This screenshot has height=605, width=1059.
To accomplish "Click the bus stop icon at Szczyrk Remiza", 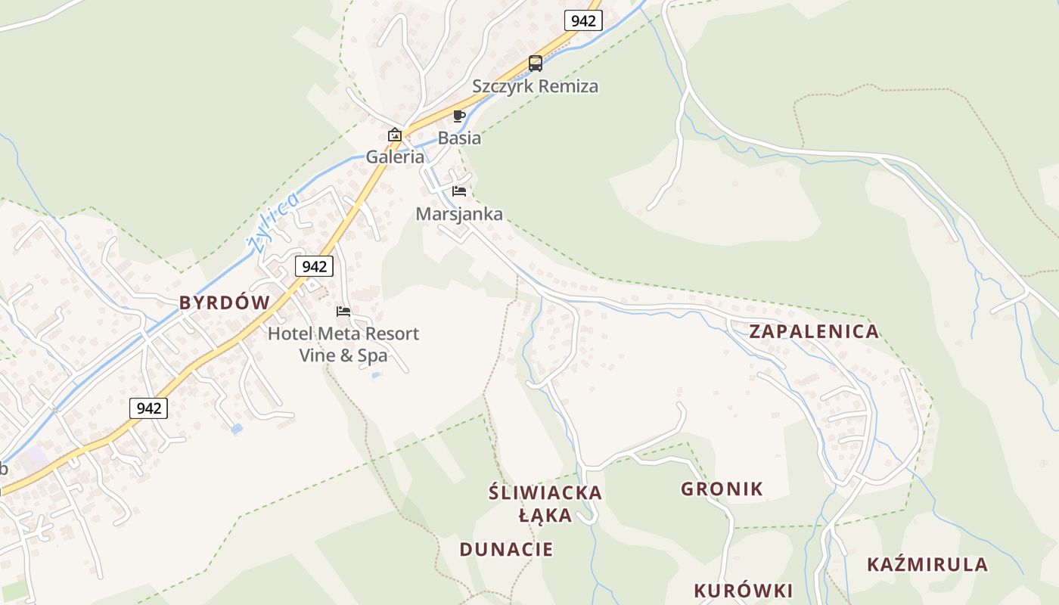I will (x=536, y=64).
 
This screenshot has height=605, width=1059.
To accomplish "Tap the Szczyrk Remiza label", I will (x=535, y=86).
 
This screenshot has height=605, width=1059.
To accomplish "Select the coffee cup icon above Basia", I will (x=458, y=116).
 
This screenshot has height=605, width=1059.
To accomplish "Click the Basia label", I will (x=459, y=138).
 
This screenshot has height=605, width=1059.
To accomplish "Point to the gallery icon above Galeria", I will (x=395, y=135).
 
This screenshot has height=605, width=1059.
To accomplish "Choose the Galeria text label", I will (x=395, y=157).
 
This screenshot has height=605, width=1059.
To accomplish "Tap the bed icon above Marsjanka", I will (x=459, y=191).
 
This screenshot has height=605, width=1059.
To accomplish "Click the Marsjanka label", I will (x=459, y=214).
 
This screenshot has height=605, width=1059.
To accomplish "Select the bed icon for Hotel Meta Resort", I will (x=343, y=312).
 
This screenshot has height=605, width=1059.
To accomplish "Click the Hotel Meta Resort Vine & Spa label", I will (x=343, y=344).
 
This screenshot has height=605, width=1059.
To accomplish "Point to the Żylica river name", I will (x=272, y=222).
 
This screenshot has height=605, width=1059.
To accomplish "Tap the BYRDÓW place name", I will (x=224, y=303).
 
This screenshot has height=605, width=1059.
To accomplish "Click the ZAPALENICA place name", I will (x=814, y=331).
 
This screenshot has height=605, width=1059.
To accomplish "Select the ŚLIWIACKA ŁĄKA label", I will (x=545, y=504).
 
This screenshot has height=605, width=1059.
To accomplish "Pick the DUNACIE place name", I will (x=506, y=550).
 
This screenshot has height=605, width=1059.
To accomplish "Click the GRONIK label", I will (x=722, y=489).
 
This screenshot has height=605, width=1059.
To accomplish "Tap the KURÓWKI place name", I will (x=743, y=591).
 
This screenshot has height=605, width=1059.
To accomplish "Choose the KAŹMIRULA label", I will (x=927, y=565).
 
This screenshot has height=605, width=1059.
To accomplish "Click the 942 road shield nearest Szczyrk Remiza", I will (x=583, y=20).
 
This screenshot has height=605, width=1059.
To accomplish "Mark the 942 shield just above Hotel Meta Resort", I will (x=314, y=266).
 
